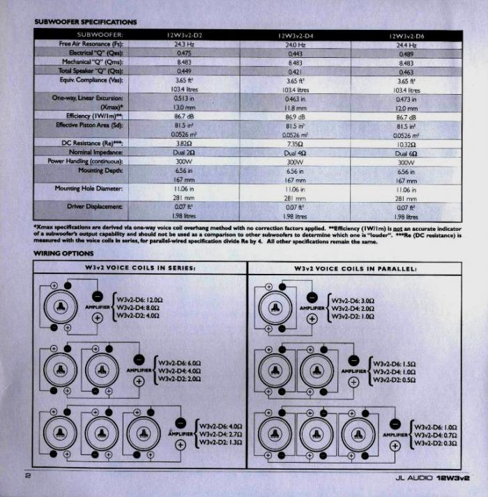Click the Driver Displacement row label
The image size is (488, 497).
coord(95,206)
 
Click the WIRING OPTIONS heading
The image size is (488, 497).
coord(62,252)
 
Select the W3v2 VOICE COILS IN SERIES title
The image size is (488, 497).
coord(139,268)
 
